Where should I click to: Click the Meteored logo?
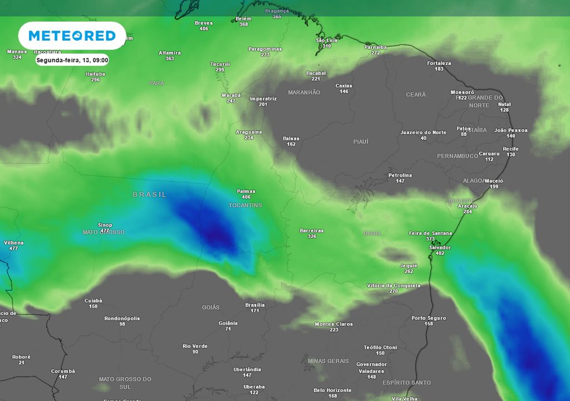(x=72, y=36)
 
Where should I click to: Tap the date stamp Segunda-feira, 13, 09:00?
(x=72, y=60)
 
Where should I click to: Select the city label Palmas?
(x=246, y=190)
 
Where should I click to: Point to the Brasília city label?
(x=255, y=305)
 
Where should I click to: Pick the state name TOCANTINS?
(x=245, y=206)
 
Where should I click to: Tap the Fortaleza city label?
(x=439, y=63)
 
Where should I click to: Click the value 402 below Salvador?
(x=440, y=253)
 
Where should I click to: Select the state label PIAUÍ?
(x=361, y=142)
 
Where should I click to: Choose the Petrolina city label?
(x=400, y=175)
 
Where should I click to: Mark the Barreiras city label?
(x=312, y=231)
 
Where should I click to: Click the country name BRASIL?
(x=149, y=194)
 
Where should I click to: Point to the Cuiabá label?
(x=93, y=301)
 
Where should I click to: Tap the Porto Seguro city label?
(x=429, y=318)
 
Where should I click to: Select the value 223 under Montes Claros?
(x=334, y=330)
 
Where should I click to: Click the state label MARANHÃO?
(x=304, y=92)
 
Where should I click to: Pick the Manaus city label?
(x=17, y=51)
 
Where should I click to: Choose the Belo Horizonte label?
(x=332, y=390)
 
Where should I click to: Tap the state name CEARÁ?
(x=416, y=95)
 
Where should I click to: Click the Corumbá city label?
(x=63, y=371)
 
